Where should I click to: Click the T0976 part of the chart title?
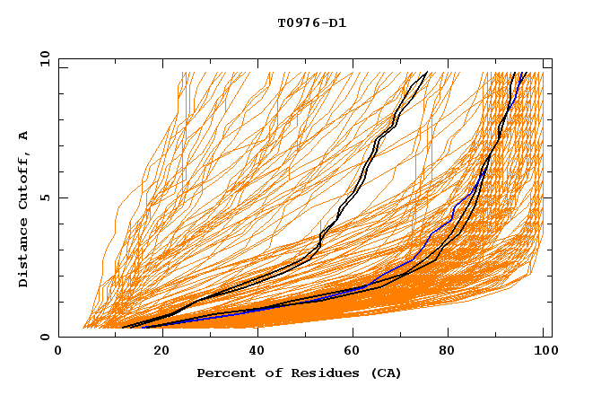pos(301,23)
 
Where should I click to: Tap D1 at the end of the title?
pos(337,23)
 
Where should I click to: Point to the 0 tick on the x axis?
pos(58,352)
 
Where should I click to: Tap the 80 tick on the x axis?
pos(447,352)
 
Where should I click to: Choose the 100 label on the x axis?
pos(544,352)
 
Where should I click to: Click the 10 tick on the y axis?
pos(43,57)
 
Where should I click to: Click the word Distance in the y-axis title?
pos(24,257)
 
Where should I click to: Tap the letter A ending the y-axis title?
pos(24,136)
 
